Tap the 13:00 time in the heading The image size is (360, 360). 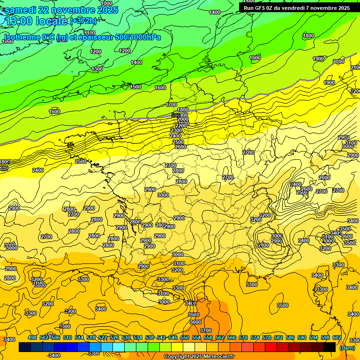(x=22, y=21)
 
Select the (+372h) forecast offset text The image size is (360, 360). (x=83, y=21)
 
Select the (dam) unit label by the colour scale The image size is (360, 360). (x=347, y=347)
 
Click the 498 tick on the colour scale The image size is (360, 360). (x=32, y=337)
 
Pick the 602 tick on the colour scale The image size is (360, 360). (x=337, y=337)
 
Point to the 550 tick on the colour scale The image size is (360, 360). (x=185, y=337)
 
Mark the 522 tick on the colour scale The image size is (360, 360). (x=102, y=337)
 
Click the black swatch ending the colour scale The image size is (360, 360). (x=330, y=347)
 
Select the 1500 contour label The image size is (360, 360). (x=135, y=87)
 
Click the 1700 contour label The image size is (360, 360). (x=171, y=105)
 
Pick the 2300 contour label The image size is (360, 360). (x=176, y=130)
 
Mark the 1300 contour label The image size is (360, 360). (x=97, y=69)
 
